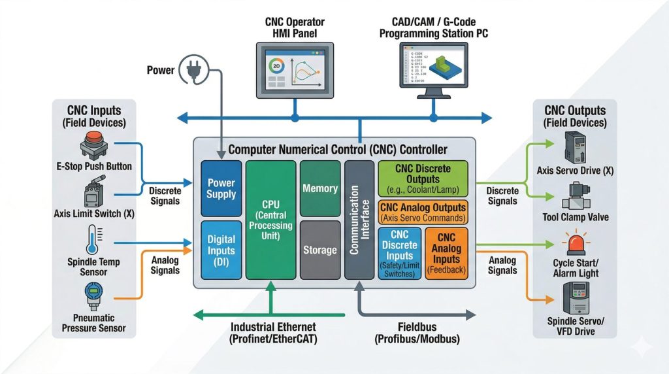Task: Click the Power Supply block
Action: coord(220,188)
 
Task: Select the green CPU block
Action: coord(270,220)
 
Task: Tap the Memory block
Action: coord(319,188)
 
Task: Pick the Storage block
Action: coord(319,250)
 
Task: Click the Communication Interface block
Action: coord(359,220)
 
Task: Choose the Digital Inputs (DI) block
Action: coord(220,250)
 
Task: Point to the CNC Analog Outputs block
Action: coord(423,212)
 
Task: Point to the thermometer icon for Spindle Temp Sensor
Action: coord(91,239)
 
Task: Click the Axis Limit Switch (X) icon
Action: coord(93,194)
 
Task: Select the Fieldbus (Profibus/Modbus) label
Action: coord(417,333)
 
